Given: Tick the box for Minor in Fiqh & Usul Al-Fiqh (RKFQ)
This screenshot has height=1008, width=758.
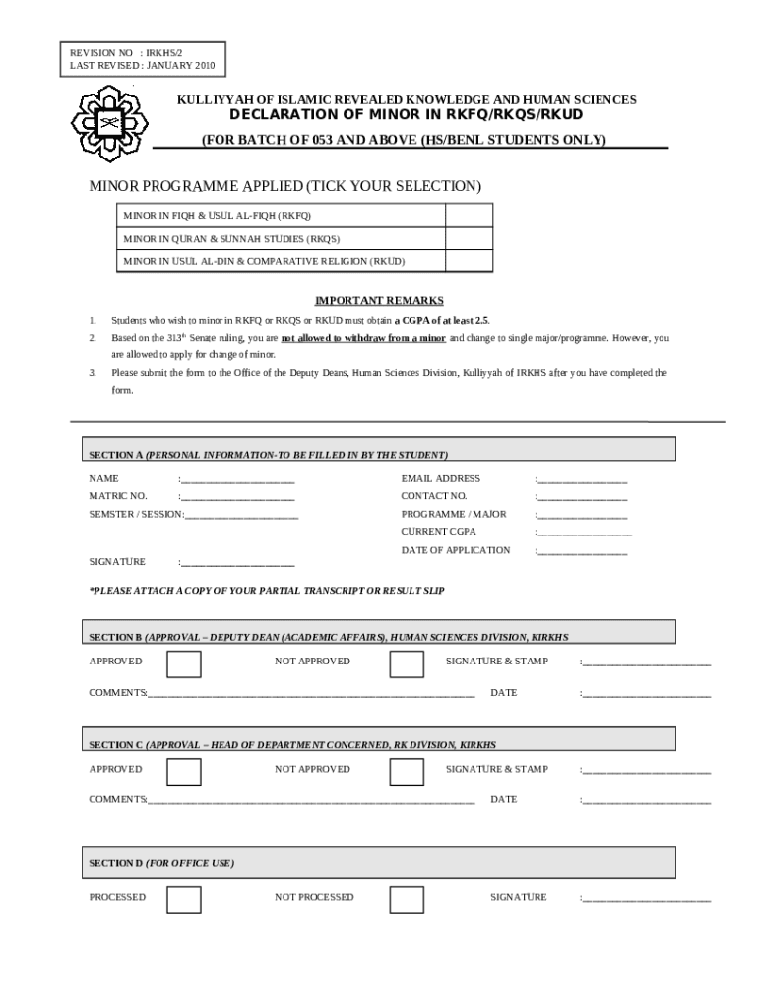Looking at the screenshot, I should coord(469,215).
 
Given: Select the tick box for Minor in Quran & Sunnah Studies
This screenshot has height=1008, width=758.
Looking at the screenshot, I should coord(469,238).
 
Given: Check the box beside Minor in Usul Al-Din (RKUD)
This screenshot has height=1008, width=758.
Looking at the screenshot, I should coord(469,261).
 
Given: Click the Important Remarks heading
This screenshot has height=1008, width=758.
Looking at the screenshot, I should coord(379,301).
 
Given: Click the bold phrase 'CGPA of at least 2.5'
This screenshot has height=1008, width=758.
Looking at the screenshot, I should coord(441,321).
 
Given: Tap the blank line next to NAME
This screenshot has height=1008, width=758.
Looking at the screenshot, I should coord(237,479).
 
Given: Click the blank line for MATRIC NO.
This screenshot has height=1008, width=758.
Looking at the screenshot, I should coord(237,496).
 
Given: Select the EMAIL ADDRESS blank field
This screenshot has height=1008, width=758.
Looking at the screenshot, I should coord(583,479).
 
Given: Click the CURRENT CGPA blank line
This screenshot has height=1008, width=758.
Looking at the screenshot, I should coord(585,533).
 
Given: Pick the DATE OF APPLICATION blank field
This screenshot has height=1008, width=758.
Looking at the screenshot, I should coord(583,551).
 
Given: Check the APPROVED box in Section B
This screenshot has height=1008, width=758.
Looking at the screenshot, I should coord(184,663).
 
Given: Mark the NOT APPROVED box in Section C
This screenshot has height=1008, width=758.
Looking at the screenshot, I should coord(407,771).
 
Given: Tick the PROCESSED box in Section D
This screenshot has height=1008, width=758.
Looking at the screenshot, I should coord(184,899).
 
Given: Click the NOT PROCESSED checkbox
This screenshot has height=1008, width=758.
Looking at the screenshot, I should coord(407,899).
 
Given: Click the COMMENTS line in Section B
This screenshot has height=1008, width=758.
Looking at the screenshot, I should coord(311,694).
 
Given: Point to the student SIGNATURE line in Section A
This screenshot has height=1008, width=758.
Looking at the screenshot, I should coord(237,563).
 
